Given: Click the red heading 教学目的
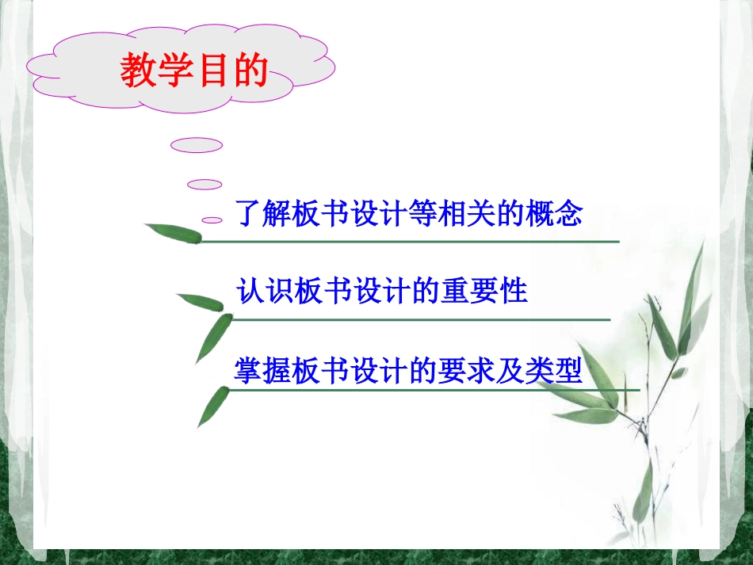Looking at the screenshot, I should [194, 71].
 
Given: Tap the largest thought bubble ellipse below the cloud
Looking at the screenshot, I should [197, 145].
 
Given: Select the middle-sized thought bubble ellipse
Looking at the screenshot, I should [204, 185].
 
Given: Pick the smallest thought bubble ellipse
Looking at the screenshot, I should [212, 220].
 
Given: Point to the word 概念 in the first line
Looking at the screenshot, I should [554, 213].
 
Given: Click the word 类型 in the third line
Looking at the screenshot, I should [554, 370].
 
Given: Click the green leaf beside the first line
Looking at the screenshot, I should [174, 233].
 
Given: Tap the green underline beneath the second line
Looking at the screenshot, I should [420, 319].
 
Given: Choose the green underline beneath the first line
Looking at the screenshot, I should [412, 241].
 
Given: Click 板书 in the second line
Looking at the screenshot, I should [323, 291].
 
